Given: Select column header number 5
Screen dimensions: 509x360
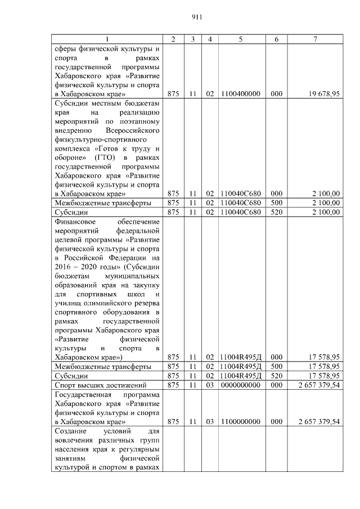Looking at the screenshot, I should pos(241,39).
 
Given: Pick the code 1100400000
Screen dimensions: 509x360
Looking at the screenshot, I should pos(241,94).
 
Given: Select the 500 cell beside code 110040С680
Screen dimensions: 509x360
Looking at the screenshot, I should pos(276,202).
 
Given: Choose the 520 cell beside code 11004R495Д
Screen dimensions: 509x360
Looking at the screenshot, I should pos(276,376).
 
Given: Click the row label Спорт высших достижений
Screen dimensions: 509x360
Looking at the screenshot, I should pos(100,385).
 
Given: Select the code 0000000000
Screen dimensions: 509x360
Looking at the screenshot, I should pos(241,385).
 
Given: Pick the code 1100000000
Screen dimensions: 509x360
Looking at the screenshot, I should pos(241,421).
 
